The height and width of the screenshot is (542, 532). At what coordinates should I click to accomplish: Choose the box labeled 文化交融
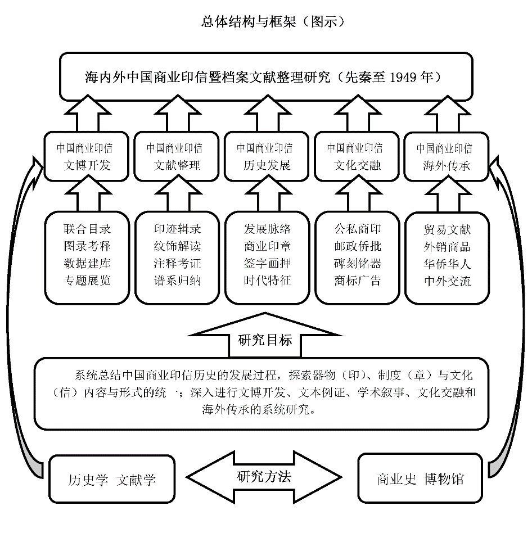pyautogui.click(x=355, y=156)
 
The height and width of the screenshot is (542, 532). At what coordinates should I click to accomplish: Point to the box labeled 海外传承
pyautogui.click(x=445, y=156)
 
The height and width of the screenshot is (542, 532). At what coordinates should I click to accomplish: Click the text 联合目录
pyautogui.click(x=88, y=229)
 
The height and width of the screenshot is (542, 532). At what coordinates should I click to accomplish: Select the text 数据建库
pyautogui.click(x=88, y=263)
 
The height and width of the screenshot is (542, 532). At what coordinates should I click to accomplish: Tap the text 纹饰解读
pyautogui.click(x=178, y=246)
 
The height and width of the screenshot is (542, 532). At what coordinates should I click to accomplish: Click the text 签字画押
pyautogui.click(x=268, y=263)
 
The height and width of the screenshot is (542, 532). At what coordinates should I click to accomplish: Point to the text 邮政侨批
pyautogui.click(x=358, y=246)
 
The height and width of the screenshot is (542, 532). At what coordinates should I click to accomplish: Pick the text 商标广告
pyautogui.click(x=358, y=281)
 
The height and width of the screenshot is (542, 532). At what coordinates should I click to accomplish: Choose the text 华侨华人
pyautogui.click(x=447, y=263)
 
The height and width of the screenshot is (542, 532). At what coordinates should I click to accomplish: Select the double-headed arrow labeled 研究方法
pyautogui.click(x=264, y=477)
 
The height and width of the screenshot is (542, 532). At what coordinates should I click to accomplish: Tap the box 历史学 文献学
pyautogui.click(x=112, y=480)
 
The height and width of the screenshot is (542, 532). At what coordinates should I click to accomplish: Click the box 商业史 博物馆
pyautogui.click(x=420, y=479)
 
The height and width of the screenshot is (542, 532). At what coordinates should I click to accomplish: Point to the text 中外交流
pyautogui.click(x=447, y=281)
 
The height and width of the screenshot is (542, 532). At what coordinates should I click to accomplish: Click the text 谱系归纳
pyautogui.click(x=178, y=281)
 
